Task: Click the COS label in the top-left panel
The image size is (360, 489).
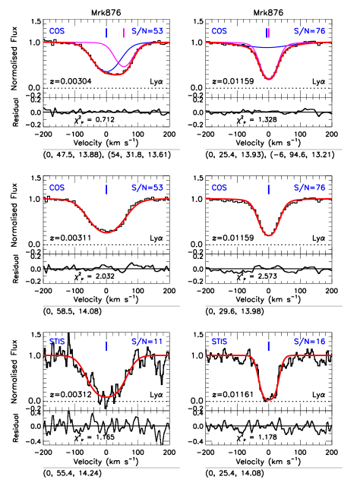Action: pos(57,31)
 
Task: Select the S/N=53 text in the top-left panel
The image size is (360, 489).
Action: pos(147,31)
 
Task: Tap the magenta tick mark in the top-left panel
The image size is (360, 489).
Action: pos(124,33)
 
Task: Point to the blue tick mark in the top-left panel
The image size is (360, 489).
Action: pos(106,33)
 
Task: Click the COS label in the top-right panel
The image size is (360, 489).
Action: pos(219,31)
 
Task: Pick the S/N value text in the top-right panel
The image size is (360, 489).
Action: pos(309,31)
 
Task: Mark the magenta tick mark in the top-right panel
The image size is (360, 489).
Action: pos(268,33)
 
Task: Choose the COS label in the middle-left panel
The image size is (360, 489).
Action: pos(57,188)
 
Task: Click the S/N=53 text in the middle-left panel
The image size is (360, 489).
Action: pos(147,188)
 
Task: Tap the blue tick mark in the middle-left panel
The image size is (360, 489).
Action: pos(106,189)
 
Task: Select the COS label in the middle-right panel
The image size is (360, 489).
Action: pos(219,188)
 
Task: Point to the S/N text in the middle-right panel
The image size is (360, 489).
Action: pos(309,188)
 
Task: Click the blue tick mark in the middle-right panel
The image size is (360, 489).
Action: pos(268,189)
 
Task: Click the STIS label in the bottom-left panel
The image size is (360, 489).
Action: pos(57,342)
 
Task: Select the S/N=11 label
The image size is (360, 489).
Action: pos(147,342)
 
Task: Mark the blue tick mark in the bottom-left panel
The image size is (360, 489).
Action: pos(106,345)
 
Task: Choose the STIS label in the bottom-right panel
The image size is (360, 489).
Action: pos(219,342)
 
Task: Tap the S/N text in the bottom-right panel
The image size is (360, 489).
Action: pos(309,342)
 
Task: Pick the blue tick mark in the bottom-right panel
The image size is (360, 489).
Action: pos(268,345)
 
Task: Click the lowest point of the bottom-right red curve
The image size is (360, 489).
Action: pos(269,399)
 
